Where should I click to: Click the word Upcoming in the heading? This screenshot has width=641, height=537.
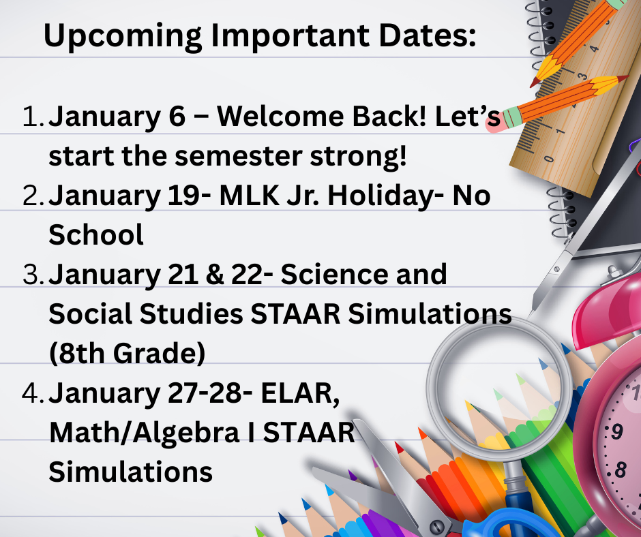pos(122,36)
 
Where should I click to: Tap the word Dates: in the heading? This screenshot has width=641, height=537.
pos(428,35)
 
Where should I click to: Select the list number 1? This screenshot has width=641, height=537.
pos(33,116)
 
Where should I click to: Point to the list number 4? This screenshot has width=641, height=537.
pos(33,393)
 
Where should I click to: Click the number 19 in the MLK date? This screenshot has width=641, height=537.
pos(190,196)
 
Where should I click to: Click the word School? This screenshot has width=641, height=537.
pos(96,234)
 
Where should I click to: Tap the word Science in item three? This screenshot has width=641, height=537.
pos(334,274)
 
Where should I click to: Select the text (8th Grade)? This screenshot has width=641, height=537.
pos(127,353)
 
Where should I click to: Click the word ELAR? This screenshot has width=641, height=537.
pos(300,394)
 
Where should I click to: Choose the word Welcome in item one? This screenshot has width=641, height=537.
pos(280,116)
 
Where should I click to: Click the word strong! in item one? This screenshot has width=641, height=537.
pos(359,157)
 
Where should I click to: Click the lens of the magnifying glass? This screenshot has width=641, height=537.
pos(498,388)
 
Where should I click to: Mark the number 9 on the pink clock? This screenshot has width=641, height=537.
pos(617,431)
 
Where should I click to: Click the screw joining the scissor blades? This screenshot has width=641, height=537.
pos(436,525)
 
